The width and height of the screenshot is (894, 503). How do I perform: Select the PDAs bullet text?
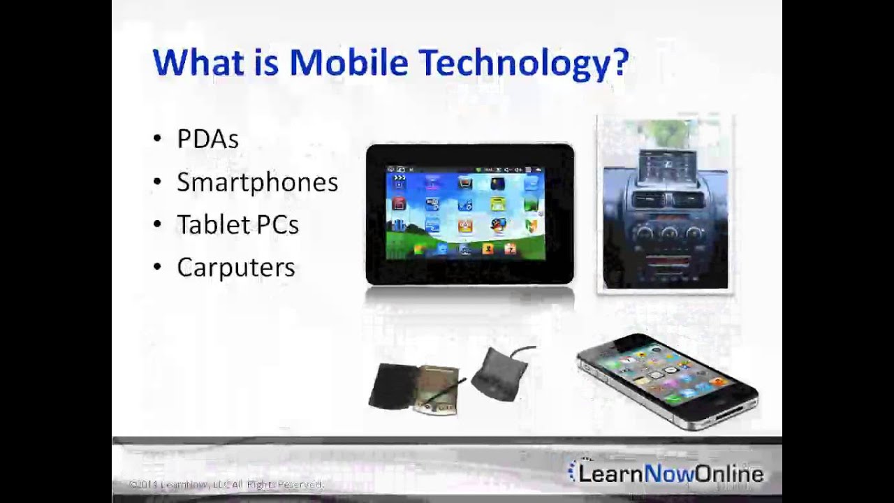(x=207, y=139)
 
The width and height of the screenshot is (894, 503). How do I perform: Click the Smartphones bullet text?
(x=257, y=182)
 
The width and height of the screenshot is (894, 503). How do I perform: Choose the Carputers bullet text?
(x=235, y=268)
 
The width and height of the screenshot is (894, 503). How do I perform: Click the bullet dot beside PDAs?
(x=156, y=139)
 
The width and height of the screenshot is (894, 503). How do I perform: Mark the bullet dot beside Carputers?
(x=156, y=268)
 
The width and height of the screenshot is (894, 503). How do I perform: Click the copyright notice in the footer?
(x=226, y=484)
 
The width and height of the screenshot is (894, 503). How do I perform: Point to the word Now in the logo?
(x=670, y=474)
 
